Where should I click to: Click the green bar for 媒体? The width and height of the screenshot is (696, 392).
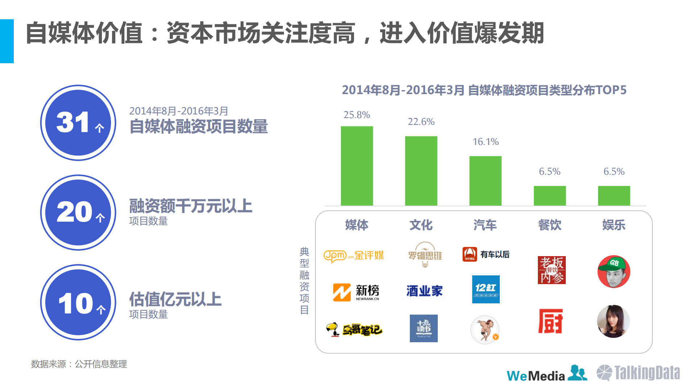[x=357, y=166]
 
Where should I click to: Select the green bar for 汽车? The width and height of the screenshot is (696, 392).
[x=485, y=181]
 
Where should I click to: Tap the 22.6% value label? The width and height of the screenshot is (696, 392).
[x=421, y=122]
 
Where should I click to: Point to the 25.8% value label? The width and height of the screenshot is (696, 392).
[x=357, y=115]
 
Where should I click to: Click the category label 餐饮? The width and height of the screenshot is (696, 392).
[x=549, y=225]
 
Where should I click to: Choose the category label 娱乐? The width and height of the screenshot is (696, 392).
[x=614, y=225]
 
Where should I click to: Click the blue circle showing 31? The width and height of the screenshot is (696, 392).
[x=78, y=123]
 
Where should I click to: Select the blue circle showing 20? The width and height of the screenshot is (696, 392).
[x=78, y=213]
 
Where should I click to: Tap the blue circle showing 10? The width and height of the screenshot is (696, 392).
[x=78, y=302]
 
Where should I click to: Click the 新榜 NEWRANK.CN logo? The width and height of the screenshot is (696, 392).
[x=356, y=292]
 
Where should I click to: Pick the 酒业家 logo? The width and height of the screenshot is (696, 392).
[x=424, y=291]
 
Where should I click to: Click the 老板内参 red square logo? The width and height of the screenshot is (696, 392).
[x=551, y=270]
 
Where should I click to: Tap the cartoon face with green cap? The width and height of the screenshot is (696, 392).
[x=614, y=271]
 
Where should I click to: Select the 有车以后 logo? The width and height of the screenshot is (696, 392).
[x=486, y=254]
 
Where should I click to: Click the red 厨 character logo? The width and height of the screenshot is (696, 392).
[x=550, y=321]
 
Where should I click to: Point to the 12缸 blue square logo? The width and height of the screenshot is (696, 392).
[x=486, y=289]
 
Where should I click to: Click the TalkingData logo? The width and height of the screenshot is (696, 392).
[x=638, y=373]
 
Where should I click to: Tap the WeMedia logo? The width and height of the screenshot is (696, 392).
[x=546, y=374]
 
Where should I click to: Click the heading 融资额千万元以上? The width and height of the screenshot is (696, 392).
[x=191, y=206]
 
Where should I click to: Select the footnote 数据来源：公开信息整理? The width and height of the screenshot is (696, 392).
[x=79, y=364]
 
